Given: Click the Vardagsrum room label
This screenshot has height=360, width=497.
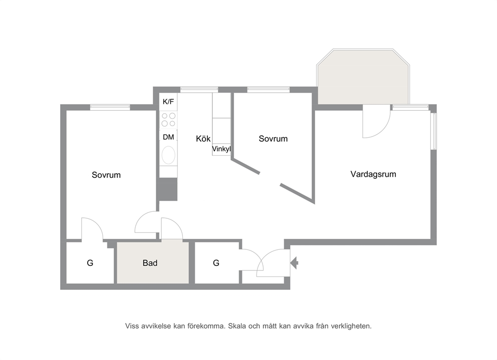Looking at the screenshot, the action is [x=373, y=174].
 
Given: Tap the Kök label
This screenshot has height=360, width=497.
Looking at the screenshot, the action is [x=203, y=139].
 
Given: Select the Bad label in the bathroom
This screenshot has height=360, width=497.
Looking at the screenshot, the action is [x=150, y=263].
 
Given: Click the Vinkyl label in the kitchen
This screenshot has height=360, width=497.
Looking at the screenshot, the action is [x=221, y=149].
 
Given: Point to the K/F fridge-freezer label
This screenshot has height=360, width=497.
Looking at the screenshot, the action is [x=168, y=102].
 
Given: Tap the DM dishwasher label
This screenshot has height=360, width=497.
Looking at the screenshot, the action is [x=168, y=137].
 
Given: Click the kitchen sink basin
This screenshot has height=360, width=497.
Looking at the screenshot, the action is [x=168, y=155].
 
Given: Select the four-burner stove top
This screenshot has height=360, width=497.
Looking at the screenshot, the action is [x=168, y=120].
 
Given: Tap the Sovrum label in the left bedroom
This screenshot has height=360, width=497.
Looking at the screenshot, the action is [x=106, y=175].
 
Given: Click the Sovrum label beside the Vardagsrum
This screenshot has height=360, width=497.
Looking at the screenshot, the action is [x=273, y=139].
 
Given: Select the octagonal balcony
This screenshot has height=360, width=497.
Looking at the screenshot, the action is [x=363, y=77].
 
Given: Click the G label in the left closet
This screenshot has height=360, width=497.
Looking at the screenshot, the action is [x=90, y=263].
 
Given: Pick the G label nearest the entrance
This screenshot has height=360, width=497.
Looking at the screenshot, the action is [x=216, y=263].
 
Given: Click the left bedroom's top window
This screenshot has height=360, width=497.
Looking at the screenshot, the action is [x=110, y=108].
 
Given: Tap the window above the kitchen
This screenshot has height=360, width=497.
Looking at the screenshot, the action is [x=199, y=90].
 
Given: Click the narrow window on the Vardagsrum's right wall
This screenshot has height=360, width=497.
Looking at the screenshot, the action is [x=433, y=131].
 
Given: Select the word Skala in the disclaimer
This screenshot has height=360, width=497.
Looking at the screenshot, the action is [x=237, y=326].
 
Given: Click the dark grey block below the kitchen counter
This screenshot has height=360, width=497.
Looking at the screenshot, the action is [x=168, y=189].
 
